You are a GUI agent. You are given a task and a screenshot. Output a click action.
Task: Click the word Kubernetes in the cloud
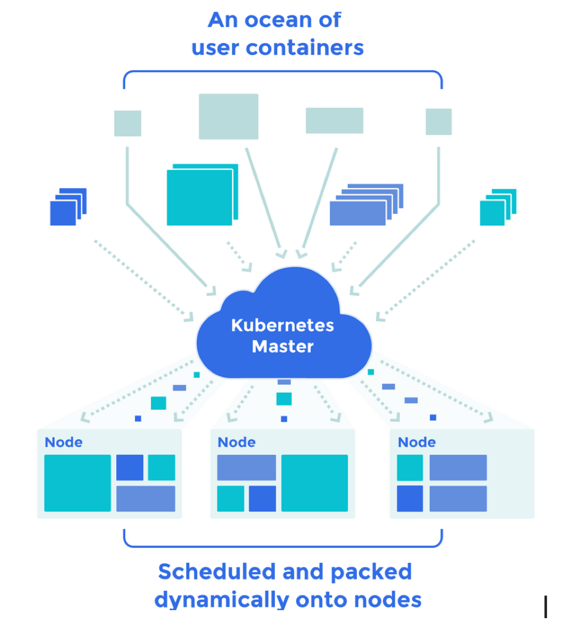tap(282, 325)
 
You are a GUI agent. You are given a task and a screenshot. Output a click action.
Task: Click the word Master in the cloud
tap(282, 346)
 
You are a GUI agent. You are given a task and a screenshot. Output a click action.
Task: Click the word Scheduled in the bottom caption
tap(215, 572)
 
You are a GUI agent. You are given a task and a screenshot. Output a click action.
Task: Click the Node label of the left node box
tap(64, 442)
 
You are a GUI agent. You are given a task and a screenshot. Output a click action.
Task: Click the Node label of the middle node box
tap(236, 442)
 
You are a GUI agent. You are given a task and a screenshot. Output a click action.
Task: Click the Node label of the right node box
tap(416, 442)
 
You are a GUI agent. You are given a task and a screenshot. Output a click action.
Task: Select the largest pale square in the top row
tap(228, 116)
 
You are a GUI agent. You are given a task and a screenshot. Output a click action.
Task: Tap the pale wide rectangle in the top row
tap(334, 120)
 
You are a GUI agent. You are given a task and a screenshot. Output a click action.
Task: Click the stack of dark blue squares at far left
tap(67, 208)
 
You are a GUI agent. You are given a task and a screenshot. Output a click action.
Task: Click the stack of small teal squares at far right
tap(496, 208)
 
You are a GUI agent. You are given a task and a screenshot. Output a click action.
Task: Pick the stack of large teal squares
tap(202, 195)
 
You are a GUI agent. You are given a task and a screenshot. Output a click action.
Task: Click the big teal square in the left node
tap(78, 483)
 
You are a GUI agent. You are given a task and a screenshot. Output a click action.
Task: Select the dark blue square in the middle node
tap(262, 499)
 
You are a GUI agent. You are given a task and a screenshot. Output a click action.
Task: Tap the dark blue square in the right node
tap(409, 499)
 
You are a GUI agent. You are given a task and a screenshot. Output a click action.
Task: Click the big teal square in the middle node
tap(314, 483)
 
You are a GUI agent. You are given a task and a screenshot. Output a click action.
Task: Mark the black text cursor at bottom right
tap(546, 606)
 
